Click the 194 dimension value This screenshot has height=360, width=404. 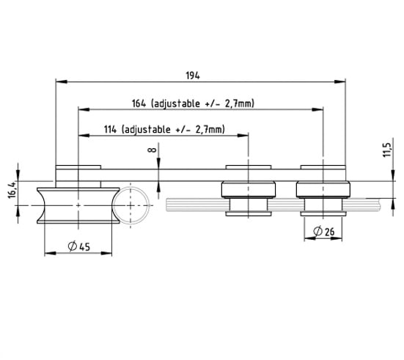pos(193,76)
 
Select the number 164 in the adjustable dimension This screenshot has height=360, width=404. pos(139,103)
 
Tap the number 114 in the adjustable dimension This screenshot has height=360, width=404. pos(110,129)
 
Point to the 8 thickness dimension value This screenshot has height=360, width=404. pos(152,150)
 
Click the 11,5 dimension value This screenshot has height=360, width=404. pos(387,147)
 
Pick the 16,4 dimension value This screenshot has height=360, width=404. pos(12,190)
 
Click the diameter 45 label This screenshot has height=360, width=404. pos(79,246)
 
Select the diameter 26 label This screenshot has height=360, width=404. pos(324,231)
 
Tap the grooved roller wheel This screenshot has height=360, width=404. pos(78,205)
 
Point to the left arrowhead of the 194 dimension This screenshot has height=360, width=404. pos(62,81)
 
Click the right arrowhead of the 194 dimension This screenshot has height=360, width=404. pos(340,81)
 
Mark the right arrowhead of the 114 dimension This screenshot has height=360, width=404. pos(243,136)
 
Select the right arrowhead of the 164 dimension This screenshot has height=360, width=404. pos(317,109)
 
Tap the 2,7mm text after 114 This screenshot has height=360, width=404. pos(210,129)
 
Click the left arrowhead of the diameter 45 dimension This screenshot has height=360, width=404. pos(51,253)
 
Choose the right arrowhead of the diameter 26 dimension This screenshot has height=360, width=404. pos(337,238)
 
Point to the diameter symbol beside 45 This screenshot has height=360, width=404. pos(73,246)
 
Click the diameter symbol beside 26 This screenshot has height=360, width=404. pos(317,231)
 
